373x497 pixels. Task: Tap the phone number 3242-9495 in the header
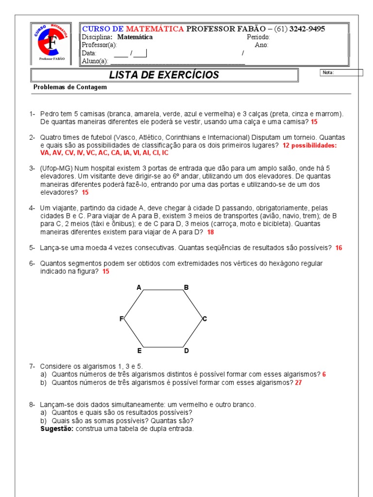307,29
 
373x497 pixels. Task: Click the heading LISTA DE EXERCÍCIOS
164,75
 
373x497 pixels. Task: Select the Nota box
341,73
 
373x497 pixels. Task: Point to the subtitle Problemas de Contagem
70,87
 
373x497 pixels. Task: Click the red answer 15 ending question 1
314,122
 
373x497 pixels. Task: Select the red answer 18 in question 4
210,232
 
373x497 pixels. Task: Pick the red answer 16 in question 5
339,248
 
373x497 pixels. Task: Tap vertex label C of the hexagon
205,319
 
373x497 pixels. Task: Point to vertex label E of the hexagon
139,350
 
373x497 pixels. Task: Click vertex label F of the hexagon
122,319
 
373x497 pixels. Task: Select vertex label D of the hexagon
186,350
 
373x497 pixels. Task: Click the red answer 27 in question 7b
298,382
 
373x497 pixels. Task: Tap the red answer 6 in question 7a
324,374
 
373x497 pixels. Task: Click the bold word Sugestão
57,429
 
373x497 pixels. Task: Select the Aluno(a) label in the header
95,61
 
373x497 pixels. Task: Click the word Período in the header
258,37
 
